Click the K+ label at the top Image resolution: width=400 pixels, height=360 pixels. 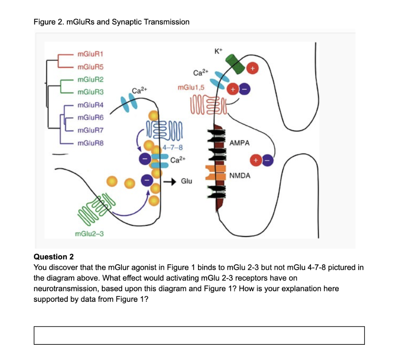[218, 51]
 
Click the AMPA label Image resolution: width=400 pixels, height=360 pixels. [239, 143]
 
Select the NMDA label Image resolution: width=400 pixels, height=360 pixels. [239, 176]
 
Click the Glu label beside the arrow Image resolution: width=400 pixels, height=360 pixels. [187, 182]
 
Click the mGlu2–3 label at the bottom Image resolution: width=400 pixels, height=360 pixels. [89, 233]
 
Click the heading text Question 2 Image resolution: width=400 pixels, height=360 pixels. [54, 257]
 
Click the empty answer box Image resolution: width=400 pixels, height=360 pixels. [199, 335]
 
